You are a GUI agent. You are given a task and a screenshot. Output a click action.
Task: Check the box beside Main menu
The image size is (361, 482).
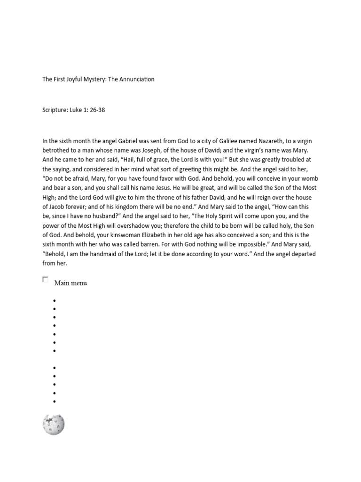tap(46, 280)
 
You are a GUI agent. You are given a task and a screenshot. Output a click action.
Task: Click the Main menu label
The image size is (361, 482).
tap(71, 283)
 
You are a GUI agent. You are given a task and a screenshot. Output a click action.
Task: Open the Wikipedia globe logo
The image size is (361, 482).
tap(54, 424)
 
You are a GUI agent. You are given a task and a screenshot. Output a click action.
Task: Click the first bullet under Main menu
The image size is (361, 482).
tap(55, 301)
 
